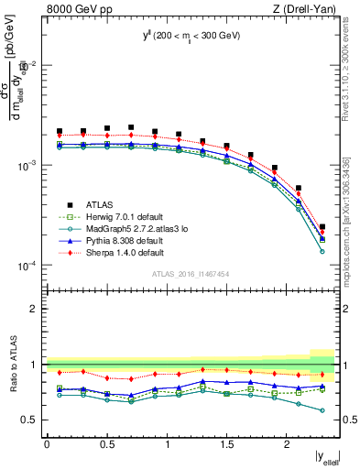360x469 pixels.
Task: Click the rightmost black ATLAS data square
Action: click(322, 226)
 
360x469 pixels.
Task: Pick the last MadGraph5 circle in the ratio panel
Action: click(322, 410)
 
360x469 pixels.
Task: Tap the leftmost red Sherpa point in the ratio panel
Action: click(60, 372)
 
